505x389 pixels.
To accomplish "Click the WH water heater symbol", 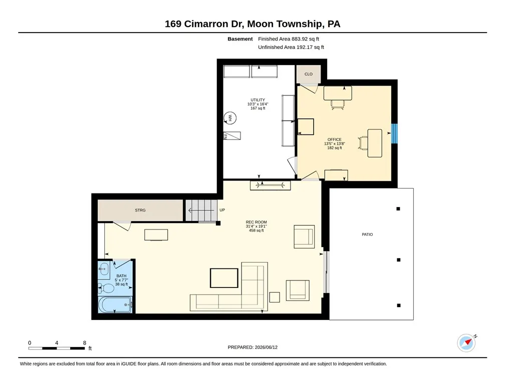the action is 230,118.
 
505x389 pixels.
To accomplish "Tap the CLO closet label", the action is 309,74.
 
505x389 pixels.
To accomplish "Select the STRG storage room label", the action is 140,210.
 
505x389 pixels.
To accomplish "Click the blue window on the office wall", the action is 394,133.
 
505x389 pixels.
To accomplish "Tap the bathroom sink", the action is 104,269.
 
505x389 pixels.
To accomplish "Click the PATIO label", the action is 367,234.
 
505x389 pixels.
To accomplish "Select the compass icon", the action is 466,342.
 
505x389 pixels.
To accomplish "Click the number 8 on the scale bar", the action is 85,343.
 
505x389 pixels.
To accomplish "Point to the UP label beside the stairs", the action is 222,210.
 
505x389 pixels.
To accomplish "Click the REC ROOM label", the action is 257,222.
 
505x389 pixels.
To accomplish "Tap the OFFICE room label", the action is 334,139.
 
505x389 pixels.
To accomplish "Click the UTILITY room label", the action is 258,100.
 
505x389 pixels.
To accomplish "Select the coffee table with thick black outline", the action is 224,278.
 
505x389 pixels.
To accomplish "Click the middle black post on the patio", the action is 398,260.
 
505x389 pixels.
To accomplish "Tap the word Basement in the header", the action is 240,39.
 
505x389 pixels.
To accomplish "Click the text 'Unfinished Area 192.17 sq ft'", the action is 291,47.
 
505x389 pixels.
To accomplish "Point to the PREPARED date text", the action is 252,347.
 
